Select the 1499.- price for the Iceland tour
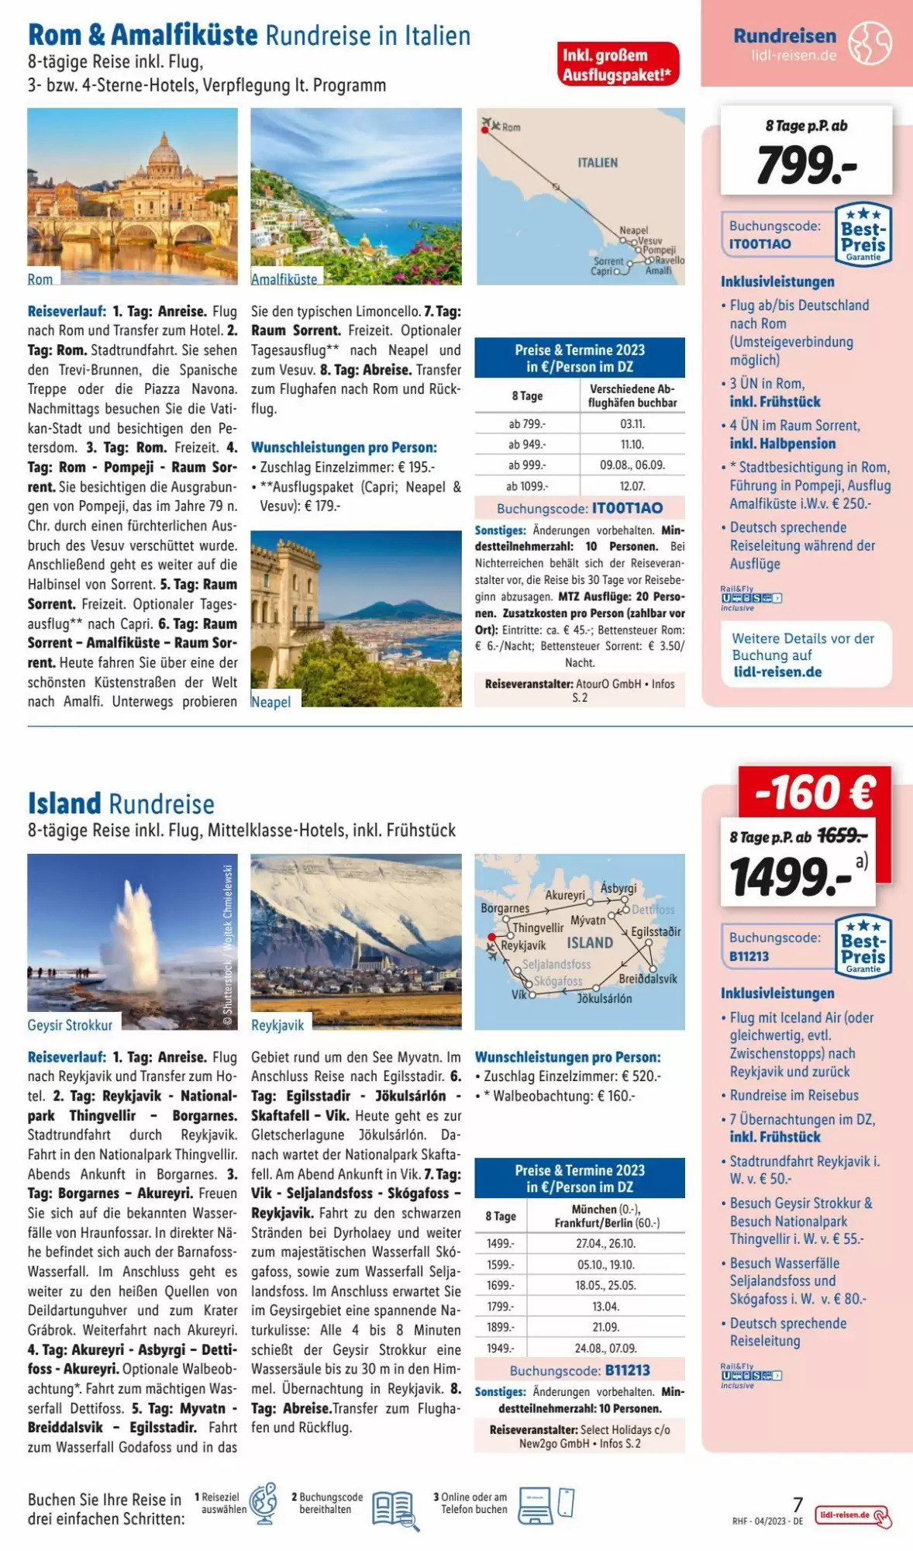791,877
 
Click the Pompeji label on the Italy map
660,250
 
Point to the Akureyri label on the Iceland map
565,895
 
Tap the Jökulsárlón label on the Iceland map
605,999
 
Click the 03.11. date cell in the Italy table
632,424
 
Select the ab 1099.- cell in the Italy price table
527,486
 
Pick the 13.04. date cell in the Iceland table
605,1306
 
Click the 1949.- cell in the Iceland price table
500,1348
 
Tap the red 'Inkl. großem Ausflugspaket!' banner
618,64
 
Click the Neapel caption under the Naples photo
271,702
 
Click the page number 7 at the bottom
798,1504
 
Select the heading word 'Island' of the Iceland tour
64,803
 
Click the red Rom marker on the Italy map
485,131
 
